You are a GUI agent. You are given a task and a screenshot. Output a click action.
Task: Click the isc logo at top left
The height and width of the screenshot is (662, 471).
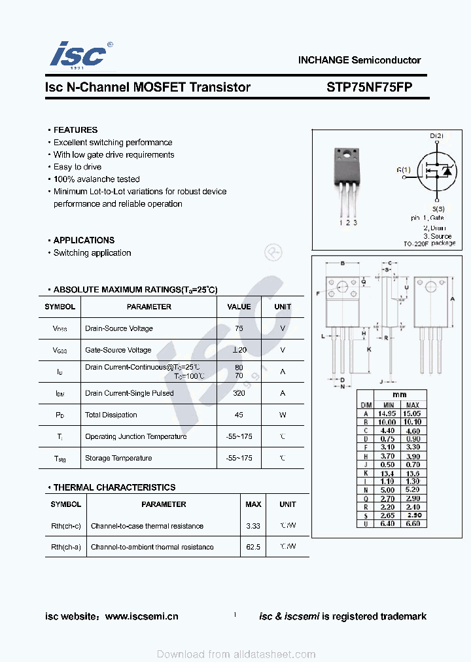pos(78,55)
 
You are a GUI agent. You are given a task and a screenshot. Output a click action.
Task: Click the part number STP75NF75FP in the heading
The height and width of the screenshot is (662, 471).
pos(370,87)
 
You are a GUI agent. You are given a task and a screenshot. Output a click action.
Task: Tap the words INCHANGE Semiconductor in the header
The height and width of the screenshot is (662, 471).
pos(359,60)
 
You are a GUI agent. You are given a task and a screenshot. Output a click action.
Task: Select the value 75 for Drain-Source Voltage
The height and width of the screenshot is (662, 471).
pos(239,328)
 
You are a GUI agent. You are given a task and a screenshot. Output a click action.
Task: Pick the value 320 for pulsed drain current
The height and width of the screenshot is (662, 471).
pos(239,393)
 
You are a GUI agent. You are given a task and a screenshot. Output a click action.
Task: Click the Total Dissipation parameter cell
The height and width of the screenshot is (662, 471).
pos(111,415)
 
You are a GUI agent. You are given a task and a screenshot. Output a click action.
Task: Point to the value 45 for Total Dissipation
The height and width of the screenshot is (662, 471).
pos(239,415)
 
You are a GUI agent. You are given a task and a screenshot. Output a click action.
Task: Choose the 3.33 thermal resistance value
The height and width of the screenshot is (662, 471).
pos(253,526)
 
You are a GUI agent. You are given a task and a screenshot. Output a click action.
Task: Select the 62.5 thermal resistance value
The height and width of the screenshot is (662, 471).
pos(253,547)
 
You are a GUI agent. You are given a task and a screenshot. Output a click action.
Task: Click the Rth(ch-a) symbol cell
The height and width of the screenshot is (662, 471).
pos(65,547)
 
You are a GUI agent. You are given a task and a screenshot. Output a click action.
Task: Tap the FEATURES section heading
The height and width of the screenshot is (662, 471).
pos(75,130)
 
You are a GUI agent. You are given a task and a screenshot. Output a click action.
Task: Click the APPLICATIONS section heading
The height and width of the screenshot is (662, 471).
pos(84,240)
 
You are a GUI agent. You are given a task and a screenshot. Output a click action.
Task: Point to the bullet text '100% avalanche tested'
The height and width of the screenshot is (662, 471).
pos(96,179)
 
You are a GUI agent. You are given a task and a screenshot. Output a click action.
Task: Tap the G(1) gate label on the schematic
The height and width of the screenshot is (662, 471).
pos(404,170)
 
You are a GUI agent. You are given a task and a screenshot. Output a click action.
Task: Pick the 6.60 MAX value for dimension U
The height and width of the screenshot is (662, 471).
pos(413,523)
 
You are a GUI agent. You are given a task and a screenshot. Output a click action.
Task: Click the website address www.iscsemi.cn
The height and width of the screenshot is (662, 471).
pos(141,616)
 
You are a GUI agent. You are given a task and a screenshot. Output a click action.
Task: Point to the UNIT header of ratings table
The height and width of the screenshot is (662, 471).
pos(283,307)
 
